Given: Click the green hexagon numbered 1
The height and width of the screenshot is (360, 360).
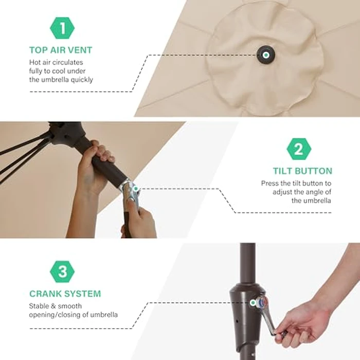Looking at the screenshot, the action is (x=62, y=28).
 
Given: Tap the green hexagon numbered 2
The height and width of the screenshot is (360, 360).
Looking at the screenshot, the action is (x=299, y=149).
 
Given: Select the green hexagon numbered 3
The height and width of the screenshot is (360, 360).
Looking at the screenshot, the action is (x=62, y=272).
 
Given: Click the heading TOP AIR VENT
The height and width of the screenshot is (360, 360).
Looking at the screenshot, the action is (x=61, y=50).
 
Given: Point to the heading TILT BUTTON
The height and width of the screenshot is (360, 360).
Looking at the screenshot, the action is (x=302, y=171).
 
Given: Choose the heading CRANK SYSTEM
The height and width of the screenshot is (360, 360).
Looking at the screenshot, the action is (x=65, y=294).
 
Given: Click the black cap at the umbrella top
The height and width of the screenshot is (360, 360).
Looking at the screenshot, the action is (x=266, y=55).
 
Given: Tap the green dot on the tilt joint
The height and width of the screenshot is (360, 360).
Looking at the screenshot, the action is (x=136, y=189).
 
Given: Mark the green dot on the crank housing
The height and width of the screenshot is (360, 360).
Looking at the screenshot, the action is (x=253, y=303).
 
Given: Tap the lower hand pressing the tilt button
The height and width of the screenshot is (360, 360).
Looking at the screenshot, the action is (x=140, y=218).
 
